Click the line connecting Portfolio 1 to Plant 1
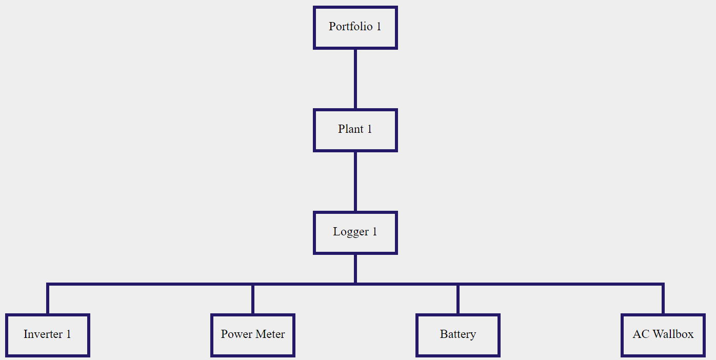(355, 79)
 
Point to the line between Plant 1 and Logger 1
(355, 182)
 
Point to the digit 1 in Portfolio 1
(379, 27)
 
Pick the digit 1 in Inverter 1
(69, 334)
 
